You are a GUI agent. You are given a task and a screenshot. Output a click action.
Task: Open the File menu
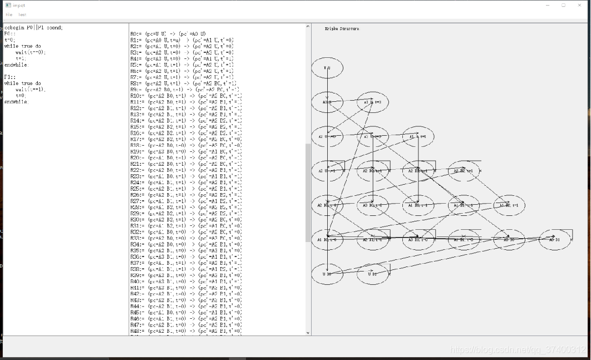pyautogui.click(x=9, y=14)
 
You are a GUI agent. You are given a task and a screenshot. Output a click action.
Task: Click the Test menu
pyautogui.click(x=22, y=14)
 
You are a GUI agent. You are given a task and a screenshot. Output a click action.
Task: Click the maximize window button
pyautogui.click(x=563, y=5)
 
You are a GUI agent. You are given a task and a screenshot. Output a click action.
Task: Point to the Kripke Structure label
pyautogui.click(x=342, y=28)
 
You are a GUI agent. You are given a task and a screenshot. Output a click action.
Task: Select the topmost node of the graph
pyautogui.click(x=327, y=68)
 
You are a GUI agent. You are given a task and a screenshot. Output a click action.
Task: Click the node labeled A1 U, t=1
pyautogui.click(x=418, y=137)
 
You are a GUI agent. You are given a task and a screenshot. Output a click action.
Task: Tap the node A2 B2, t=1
pyautogui.click(x=464, y=171)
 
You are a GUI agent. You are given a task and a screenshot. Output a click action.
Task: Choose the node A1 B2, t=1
pyautogui.click(x=509, y=205)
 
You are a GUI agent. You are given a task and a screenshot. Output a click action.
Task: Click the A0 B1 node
pyautogui.click(x=555, y=239)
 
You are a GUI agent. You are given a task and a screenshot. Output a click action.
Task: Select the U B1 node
pyautogui.click(x=373, y=274)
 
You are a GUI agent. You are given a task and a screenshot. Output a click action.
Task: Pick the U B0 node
pyautogui.click(x=327, y=274)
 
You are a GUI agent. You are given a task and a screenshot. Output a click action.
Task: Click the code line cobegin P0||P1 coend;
pyautogui.click(x=33, y=27)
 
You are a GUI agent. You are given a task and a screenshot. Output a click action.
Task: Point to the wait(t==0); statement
pyautogui.click(x=31, y=52)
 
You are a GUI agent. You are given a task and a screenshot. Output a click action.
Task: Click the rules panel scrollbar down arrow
pyautogui.click(x=308, y=333)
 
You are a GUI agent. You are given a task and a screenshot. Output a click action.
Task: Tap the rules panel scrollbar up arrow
pyautogui.click(x=308, y=26)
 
